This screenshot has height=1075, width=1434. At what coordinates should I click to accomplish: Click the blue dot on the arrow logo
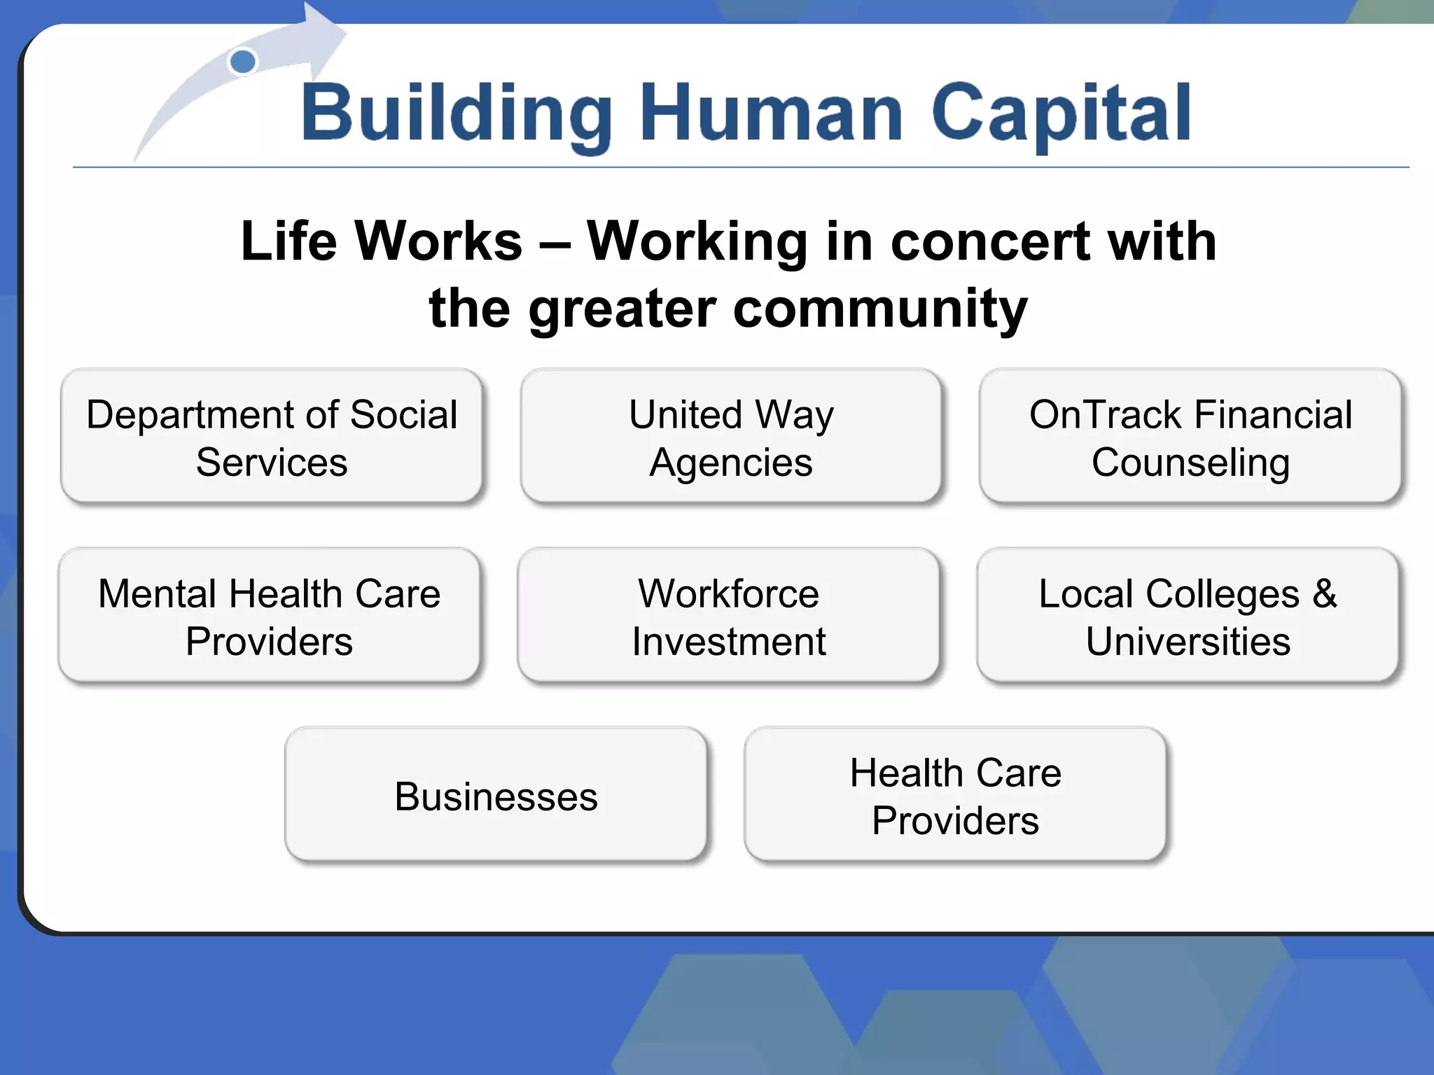tap(242, 62)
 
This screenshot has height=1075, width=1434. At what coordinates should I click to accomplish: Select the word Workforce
tap(728, 593)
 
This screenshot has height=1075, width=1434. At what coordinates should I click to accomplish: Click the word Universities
tap(1188, 641)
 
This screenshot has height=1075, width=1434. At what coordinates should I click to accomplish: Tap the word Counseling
tap(1190, 463)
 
